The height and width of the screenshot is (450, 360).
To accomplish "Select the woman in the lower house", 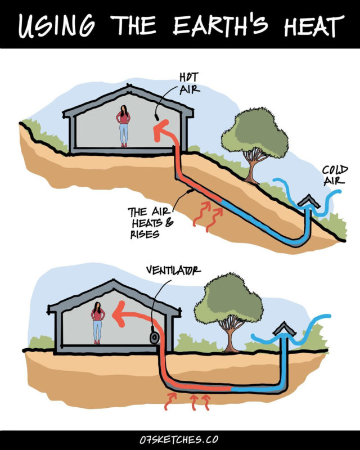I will tap(98, 322).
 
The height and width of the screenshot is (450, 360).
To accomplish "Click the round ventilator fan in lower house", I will tap(152, 338).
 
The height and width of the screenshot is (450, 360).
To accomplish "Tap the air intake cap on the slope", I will tap(308, 200).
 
